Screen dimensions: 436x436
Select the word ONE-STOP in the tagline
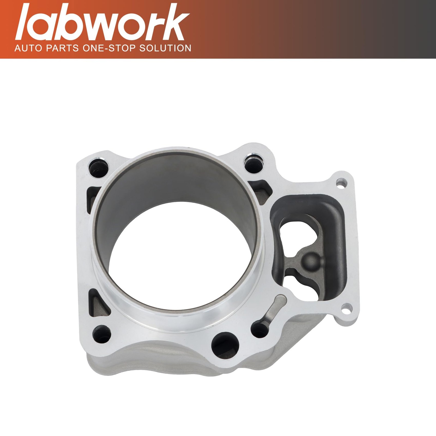109,48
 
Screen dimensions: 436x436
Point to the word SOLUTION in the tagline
165,48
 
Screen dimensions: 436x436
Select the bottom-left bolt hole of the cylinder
102,334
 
